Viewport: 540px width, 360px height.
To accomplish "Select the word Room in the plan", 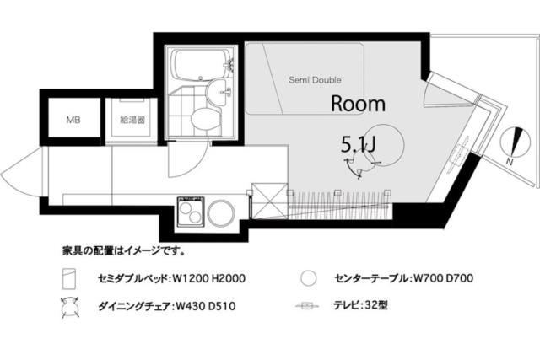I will pos(358,104).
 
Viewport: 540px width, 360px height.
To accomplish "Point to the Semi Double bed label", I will pos(316,81).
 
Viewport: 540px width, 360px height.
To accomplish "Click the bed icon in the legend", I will pos(70,278).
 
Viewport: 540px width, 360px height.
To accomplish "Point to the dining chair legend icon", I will pos(69,307).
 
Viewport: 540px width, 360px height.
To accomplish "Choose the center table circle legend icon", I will pos(309,277).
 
